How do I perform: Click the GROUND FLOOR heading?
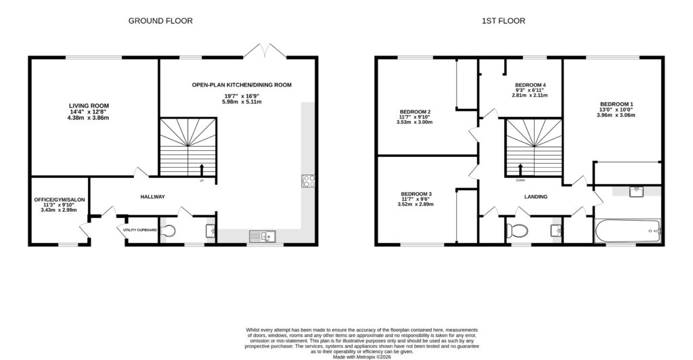point(160,21)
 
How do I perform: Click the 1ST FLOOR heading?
point(504,21)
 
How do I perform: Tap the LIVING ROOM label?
point(89,106)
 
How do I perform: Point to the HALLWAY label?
point(152,197)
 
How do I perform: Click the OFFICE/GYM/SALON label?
point(59,200)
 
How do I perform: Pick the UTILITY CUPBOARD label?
point(140,230)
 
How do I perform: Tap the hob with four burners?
point(308,180)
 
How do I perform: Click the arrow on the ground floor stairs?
point(201,169)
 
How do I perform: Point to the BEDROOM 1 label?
point(616,104)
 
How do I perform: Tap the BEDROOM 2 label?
point(416,112)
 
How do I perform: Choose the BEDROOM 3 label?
point(416,194)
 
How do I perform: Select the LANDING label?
point(535,197)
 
